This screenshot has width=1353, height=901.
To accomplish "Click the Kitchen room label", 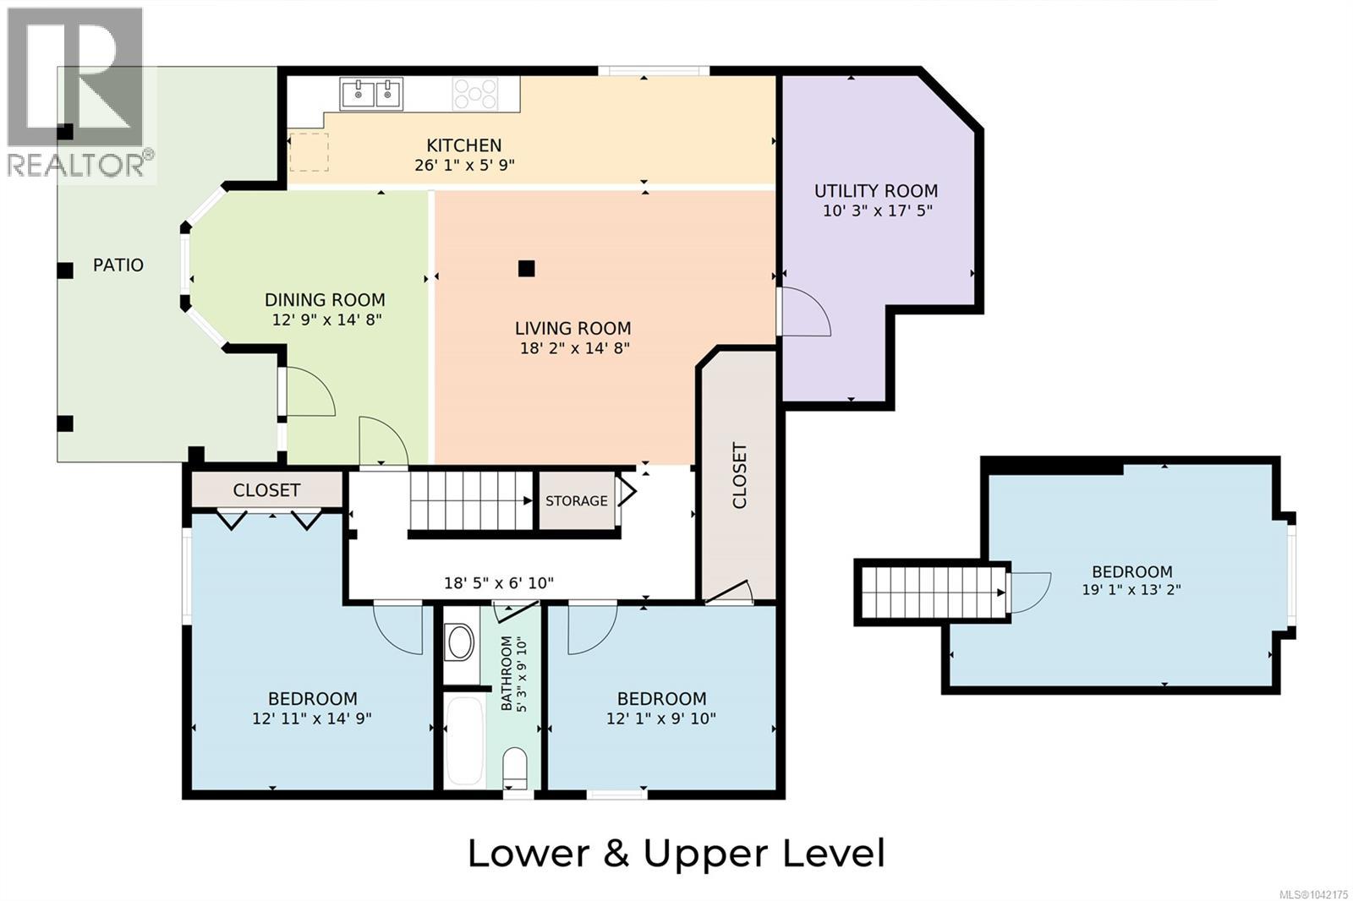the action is pyautogui.click(x=464, y=145).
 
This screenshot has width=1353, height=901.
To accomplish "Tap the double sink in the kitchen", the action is pyautogui.click(x=371, y=94).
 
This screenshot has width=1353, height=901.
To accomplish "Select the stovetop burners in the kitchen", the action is pyautogui.click(x=475, y=94).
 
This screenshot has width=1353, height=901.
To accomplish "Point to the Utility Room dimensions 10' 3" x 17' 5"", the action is pyautogui.click(x=878, y=210).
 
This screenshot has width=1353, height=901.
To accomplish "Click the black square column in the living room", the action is pyautogui.click(x=526, y=269).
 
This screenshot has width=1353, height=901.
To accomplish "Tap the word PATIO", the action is pyautogui.click(x=118, y=265).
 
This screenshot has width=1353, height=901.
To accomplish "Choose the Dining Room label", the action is pyautogui.click(x=325, y=300).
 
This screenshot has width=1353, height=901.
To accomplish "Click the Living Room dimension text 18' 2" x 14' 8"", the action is pyautogui.click(x=575, y=348).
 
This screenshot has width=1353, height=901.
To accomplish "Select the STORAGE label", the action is pyautogui.click(x=576, y=500).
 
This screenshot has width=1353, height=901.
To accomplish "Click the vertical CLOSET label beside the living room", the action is pyautogui.click(x=739, y=476).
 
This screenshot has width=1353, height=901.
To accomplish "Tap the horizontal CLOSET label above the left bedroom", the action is pyautogui.click(x=266, y=490).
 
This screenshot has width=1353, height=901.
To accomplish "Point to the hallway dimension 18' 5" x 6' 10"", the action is pyautogui.click(x=499, y=582).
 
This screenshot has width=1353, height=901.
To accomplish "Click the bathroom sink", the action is pyautogui.click(x=460, y=642).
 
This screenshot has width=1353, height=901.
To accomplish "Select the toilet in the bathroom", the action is pyautogui.click(x=515, y=767).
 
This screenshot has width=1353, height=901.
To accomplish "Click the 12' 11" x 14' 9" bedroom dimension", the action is pyautogui.click(x=312, y=718).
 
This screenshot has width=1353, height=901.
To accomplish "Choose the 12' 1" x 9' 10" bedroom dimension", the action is pyautogui.click(x=661, y=718).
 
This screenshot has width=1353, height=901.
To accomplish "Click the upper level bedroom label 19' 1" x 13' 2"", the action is pyautogui.click(x=1131, y=589).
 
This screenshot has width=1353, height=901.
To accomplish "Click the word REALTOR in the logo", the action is pyautogui.click(x=75, y=164).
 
